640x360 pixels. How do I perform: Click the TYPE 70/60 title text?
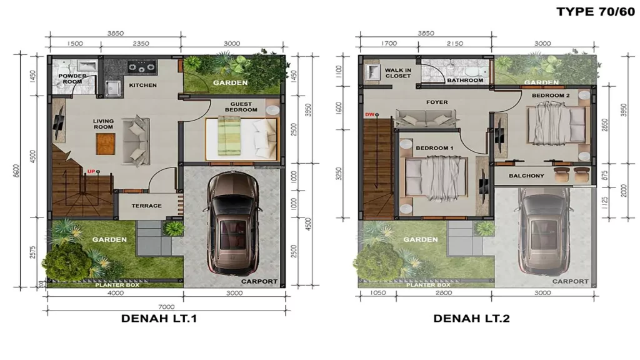click(x=596, y=11)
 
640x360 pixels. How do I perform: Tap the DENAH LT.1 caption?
click(x=159, y=318)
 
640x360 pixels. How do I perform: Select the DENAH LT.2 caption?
click(x=471, y=318)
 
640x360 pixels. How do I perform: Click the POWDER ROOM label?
click(x=72, y=79)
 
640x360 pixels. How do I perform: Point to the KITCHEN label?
click(x=143, y=85)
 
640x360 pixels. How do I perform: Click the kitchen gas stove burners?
click(x=142, y=66)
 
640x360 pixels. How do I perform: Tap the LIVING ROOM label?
click(x=103, y=124)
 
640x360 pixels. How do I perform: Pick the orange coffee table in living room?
click(x=105, y=144)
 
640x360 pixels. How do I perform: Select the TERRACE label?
click(x=146, y=206)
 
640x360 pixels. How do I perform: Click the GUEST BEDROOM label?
click(x=241, y=107)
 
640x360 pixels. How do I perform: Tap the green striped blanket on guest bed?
click(x=227, y=136)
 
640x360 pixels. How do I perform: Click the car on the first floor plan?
click(x=233, y=223)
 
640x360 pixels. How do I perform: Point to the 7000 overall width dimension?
click(x=166, y=306)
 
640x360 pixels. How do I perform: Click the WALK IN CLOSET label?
click(x=398, y=73)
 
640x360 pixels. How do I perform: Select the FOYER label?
click(x=437, y=102)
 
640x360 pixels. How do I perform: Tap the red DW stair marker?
click(x=369, y=114)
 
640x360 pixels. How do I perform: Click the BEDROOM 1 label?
click(x=434, y=147)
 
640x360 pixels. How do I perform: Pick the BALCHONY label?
click(x=526, y=176)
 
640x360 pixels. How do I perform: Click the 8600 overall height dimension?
click(x=16, y=171)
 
